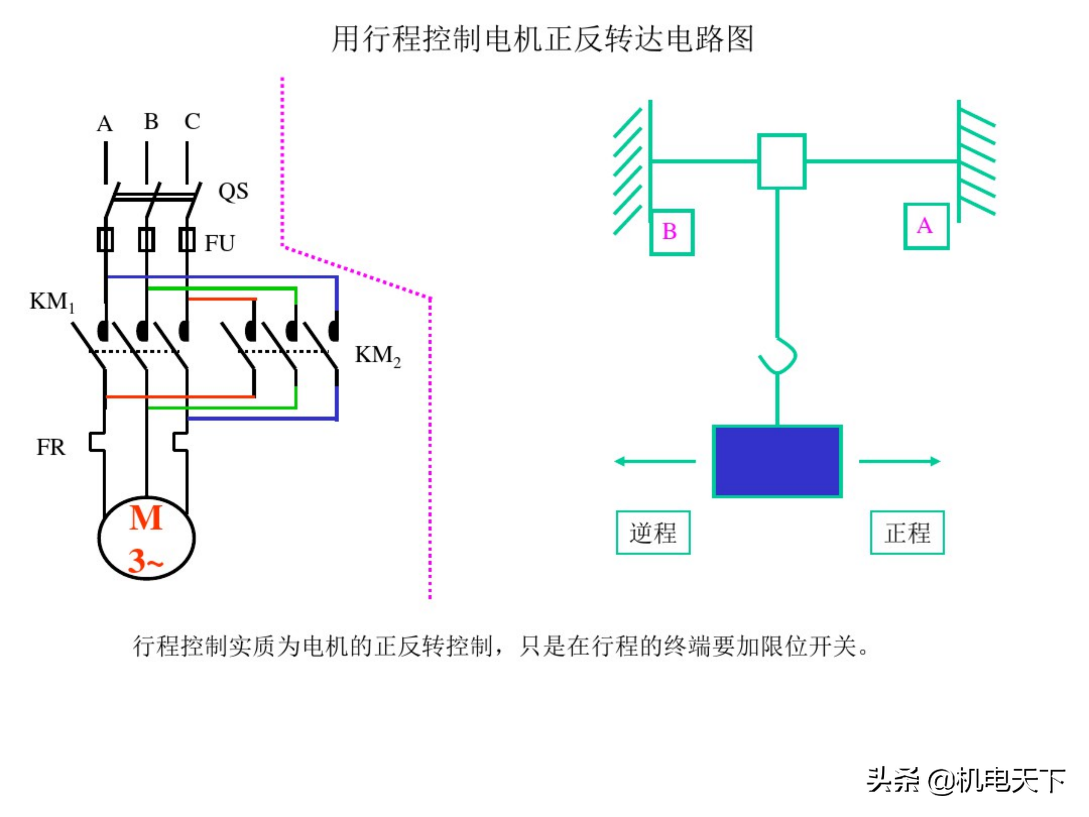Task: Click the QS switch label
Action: click(233, 191)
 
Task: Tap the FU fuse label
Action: click(220, 243)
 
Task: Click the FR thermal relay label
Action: click(51, 447)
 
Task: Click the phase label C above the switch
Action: click(192, 122)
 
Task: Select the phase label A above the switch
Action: click(104, 124)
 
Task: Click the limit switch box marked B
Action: click(672, 232)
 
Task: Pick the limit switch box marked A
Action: click(926, 227)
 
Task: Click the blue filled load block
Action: click(777, 461)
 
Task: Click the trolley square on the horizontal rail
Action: click(781, 161)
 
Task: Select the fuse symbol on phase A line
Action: click(105, 240)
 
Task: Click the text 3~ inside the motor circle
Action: click(145, 561)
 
